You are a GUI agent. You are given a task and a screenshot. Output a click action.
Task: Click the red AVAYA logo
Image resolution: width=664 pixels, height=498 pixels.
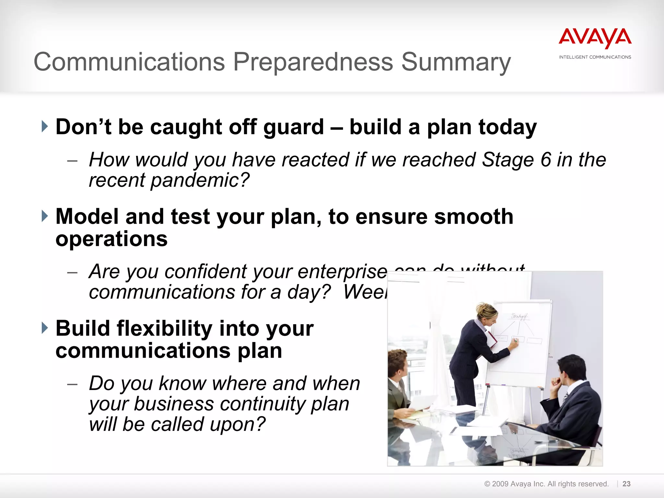(x=595, y=38)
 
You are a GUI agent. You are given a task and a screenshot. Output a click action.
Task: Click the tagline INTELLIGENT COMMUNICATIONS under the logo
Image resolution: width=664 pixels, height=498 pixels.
(x=595, y=57)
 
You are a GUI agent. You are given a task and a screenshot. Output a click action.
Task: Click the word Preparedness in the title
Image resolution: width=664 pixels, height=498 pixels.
(x=313, y=62)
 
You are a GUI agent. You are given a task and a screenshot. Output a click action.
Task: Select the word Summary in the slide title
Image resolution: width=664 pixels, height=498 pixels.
(x=456, y=62)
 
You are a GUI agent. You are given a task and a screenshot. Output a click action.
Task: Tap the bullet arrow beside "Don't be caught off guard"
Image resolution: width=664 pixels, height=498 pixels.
(x=45, y=126)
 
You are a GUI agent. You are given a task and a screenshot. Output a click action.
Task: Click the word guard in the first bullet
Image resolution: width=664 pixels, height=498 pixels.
(x=293, y=127)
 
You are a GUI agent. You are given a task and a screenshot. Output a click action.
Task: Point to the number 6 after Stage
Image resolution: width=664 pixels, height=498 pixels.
(x=546, y=160)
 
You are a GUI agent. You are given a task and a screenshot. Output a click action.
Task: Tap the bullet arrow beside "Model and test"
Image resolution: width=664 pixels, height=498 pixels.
(x=45, y=216)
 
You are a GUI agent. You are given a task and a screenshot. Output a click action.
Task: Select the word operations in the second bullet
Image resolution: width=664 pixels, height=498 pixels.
(x=111, y=239)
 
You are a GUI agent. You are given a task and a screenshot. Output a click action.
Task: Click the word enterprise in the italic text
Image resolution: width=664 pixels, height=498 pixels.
(x=342, y=271)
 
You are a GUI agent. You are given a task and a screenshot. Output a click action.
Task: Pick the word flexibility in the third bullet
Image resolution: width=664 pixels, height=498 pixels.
(x=164, y=328)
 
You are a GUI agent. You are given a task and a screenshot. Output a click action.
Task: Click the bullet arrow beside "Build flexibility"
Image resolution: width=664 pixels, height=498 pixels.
(x=45, y=328)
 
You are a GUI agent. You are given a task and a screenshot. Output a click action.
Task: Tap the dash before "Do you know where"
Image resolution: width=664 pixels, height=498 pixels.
(x=72, y=385)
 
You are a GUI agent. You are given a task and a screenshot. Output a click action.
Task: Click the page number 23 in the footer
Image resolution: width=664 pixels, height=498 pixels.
(x=626, y=484)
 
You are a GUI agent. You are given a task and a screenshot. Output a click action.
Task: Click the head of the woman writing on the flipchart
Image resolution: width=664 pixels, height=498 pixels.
(x=486, y=314)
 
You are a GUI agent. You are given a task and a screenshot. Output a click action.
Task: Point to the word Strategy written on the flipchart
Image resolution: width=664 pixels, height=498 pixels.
(x=519, y=316)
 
